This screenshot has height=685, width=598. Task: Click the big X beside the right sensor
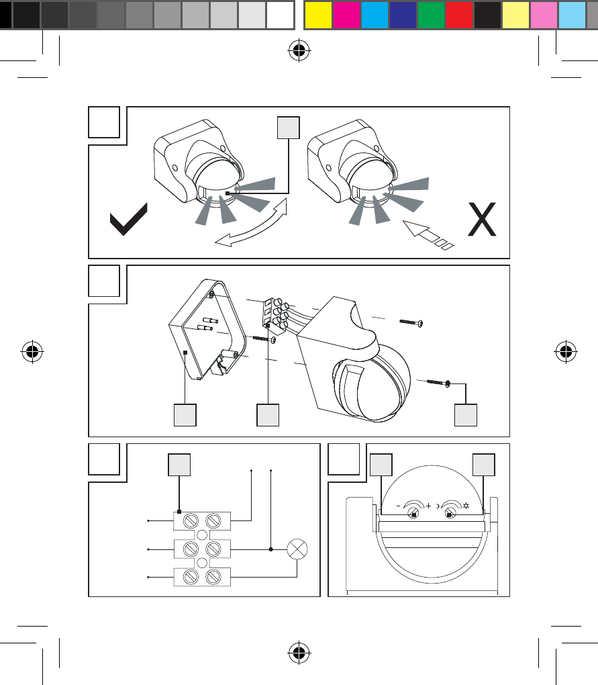coord(482,219)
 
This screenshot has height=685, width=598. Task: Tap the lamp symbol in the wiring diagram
coord(297,549)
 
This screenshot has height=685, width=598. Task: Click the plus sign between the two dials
coord(428,506)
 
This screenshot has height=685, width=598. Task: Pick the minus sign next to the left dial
coord(397,506)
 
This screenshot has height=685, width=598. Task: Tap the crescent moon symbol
coord(438,506)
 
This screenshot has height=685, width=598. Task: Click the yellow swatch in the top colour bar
coord(318,14)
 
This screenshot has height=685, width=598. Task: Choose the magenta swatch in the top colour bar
coord(346,14)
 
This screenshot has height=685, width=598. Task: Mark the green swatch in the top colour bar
coord(431,14)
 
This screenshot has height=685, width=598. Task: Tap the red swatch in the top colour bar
coord(459,14)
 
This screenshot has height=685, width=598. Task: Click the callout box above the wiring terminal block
coord(179,465)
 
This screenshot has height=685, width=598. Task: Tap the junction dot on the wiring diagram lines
coord(270,549)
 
